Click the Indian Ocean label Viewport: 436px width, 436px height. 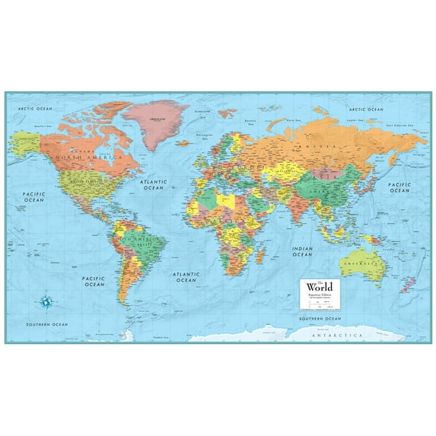303,250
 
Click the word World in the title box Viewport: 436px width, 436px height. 320,285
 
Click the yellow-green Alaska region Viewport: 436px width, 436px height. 24,141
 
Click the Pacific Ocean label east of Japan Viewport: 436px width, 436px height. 399,187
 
